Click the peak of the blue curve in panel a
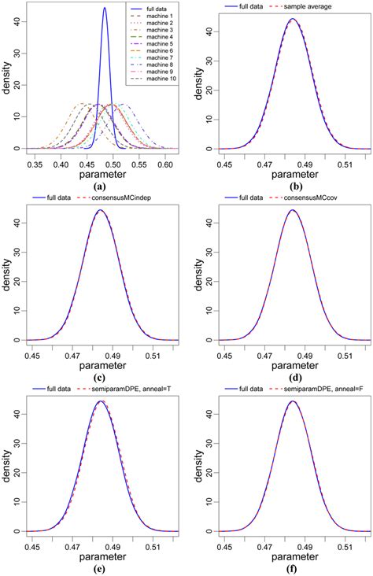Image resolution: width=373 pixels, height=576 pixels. [105, 8]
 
